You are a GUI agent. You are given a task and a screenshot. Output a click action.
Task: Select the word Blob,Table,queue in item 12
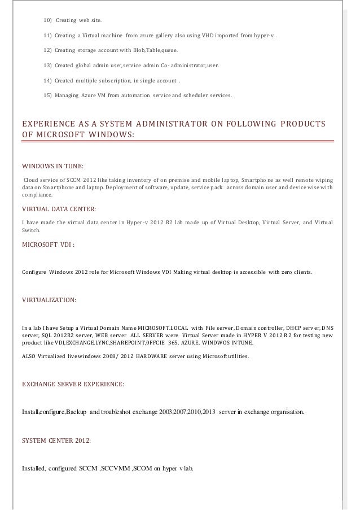[154, 51]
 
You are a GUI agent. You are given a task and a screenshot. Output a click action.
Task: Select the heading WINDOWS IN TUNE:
[52, 166]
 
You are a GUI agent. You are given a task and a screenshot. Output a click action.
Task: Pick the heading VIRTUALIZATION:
[49, 299]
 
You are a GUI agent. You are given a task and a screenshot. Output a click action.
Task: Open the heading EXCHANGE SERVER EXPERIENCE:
[73, 384]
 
